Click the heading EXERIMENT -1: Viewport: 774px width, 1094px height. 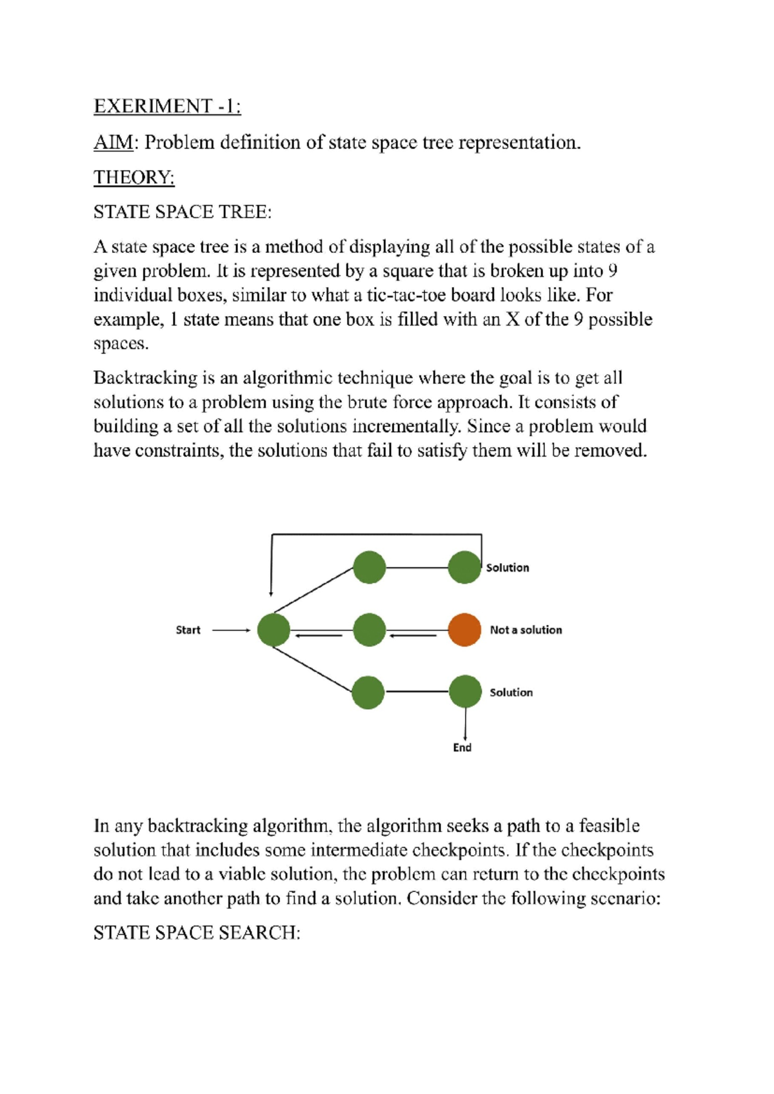click(167, 106)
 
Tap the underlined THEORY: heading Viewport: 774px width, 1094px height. click(134, 177)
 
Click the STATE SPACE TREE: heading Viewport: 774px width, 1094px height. click(183, 212)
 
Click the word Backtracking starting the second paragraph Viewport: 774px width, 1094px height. click(145, 378)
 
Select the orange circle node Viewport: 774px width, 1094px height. click(464, 630)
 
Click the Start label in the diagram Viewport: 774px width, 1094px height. click(188, 630)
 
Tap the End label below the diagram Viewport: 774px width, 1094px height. click(462, 748)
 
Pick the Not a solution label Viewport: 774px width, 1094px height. click(526, 630)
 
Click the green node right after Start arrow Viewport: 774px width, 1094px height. click(273, 630)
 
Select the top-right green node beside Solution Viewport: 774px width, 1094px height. click(464, 568)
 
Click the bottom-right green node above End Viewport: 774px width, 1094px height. click(465, 692)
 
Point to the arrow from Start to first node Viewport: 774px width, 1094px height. click(231, 630)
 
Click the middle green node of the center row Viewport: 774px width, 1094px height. click(370, 630)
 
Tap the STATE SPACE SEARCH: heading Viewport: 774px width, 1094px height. click(197, 933)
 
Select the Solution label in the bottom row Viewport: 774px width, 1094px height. click(511, 693)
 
